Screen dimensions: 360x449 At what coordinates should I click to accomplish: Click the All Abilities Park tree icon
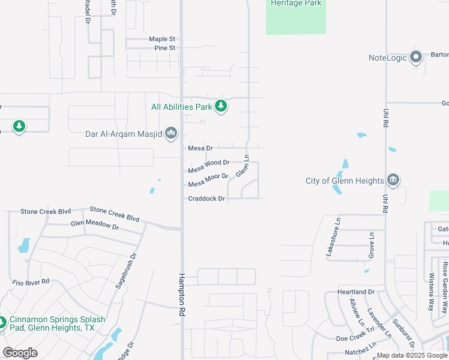click(221, 106)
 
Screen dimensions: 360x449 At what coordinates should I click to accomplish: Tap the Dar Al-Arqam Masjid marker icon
click(171, 132)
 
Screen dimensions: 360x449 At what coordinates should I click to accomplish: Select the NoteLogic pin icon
click(416, 58)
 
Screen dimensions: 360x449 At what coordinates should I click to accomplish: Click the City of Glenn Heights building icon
click(393, 180)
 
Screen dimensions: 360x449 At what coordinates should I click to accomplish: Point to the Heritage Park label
click(296, 4)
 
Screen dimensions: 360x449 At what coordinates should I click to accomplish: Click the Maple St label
click(162, 39)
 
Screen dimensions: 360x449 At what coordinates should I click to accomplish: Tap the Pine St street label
click(164, 48)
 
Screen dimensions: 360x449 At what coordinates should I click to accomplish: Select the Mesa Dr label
click(200, 148)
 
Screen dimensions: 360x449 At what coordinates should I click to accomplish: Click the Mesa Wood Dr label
click(209, 163)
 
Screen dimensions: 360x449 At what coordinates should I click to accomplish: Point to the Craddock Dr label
click(206, 199)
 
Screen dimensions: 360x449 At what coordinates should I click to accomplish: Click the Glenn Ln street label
click(242, 166)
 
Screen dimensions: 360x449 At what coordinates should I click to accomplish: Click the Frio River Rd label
click(31, 282)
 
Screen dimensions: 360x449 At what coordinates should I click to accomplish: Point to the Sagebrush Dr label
click(125, 271)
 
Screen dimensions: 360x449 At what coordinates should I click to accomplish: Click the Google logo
click(20, 353)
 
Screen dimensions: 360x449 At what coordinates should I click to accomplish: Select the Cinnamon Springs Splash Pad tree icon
click(2, 323)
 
